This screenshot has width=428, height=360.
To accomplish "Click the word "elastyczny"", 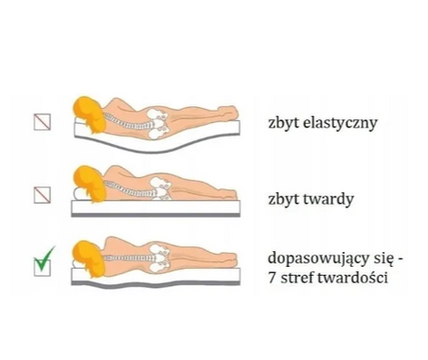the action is [x=340, y=124].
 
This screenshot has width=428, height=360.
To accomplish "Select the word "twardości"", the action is [x=352, y=277].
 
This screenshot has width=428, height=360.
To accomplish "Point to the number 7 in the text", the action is [x=272, y=278].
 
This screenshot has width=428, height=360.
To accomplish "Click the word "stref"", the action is [x=297, y=277].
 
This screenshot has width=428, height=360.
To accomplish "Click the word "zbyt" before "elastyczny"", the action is [x=284, y=124].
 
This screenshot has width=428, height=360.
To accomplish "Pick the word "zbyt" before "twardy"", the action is [x=284, y=199].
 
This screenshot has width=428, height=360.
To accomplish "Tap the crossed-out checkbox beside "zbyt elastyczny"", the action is [x=42, y=122].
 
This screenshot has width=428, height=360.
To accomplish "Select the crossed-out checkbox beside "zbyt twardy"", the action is [x=42, y=195].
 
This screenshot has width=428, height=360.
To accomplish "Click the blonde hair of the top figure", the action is [x=89, y=114].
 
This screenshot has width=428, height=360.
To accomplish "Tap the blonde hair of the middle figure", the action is [x=89, y=184].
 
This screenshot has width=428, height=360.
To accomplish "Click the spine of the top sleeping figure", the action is [x=128, y=122].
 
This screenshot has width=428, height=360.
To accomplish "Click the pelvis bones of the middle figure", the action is [x=160, y=187].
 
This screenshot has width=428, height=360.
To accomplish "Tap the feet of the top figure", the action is [x=228, y=112].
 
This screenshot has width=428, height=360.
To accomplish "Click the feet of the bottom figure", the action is [x=228, y=258].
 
